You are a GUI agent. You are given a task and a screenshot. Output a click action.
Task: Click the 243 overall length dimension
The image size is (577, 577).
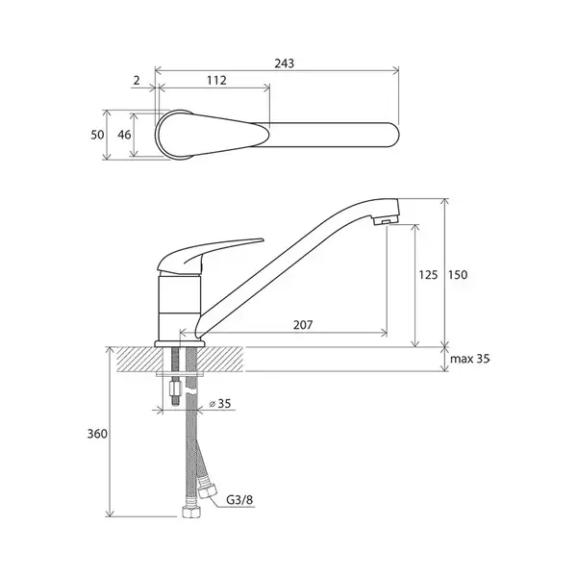pos(285,63)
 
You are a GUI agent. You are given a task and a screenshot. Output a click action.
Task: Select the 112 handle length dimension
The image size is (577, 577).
pos(216,80)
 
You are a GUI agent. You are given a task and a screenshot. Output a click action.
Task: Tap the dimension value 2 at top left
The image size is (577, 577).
pos(137,80)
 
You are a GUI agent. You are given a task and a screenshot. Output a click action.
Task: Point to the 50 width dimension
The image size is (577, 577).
pos(97,135)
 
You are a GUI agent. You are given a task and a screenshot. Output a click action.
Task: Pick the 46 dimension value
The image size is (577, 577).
pos(124,135)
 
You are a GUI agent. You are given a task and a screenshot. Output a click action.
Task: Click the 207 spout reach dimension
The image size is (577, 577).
pos(303,325)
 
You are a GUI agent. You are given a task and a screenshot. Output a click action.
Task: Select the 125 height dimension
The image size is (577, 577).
pos(428,274)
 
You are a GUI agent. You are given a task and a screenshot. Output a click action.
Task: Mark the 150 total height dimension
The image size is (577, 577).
pos(458,274)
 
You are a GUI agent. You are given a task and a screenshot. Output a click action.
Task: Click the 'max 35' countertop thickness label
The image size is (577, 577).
pos(470,359)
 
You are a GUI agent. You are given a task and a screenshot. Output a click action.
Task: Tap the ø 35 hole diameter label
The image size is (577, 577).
pos(220,403)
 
